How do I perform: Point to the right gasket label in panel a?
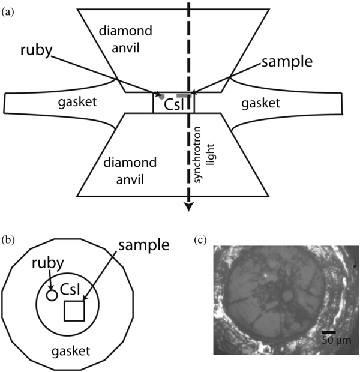tap(260, 104)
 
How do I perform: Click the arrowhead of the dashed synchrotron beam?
tap(189, 206)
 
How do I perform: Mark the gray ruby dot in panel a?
tap(161, 96)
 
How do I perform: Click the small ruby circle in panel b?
tap(52, 295)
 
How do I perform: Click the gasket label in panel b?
tap(68, 349)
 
